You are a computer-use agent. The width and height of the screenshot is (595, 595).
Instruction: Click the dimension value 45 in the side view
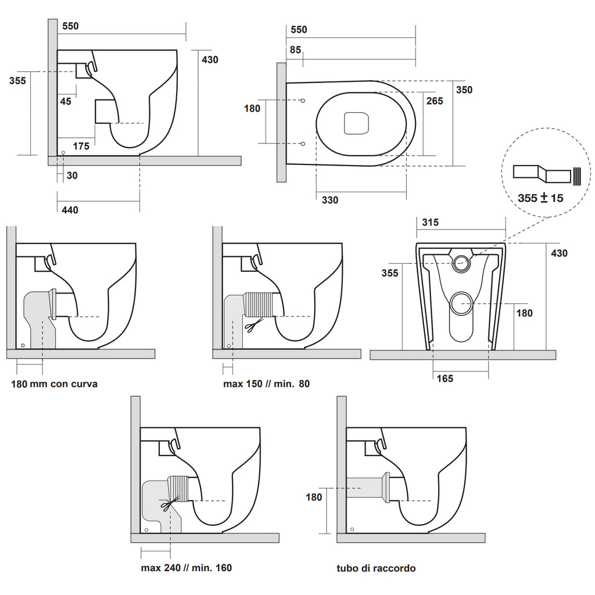coord(66,101)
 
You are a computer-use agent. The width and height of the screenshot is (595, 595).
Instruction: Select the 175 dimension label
coord(81,146)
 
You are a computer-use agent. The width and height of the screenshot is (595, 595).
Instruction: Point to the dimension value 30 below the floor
coord(71,175)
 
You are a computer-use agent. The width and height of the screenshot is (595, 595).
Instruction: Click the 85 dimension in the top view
coord(295,50)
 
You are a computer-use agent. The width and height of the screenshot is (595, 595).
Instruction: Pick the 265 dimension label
coord(434,101)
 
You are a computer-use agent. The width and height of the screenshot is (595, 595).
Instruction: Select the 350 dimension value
coord(464,89)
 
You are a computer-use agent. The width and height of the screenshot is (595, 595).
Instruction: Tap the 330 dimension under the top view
coord(330,200)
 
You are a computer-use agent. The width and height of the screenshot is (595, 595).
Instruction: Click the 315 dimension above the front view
coord(431,222)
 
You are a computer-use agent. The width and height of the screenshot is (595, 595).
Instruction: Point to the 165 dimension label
coord(445,378)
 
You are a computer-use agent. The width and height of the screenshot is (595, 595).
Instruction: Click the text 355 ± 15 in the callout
coord(540,198)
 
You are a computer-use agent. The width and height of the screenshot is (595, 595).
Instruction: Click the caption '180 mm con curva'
coord(55,383)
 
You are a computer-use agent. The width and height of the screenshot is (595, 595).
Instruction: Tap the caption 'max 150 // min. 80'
coord(266,383)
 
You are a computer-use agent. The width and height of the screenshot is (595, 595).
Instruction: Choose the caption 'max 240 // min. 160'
coord(186,568)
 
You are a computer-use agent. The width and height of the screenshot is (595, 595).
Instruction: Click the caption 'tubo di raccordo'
coord(376,568)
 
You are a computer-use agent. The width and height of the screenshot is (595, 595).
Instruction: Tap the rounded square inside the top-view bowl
coord(356,123)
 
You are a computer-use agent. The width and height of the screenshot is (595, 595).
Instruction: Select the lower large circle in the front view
coord(463,303)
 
